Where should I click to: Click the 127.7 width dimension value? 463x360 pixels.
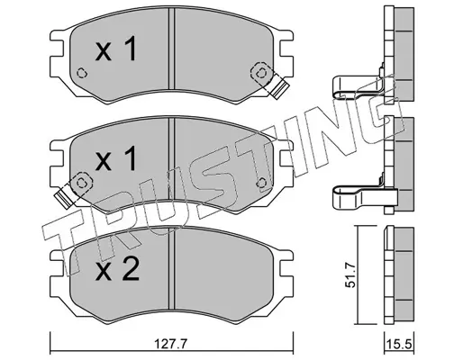(170, 344)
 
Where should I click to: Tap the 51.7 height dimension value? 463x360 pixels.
(350, 274)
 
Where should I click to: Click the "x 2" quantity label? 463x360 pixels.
(117, 269)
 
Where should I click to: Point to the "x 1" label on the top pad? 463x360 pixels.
(116, 49)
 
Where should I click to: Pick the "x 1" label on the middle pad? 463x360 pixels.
(116, 159)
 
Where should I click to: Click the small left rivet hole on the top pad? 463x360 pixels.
(82, 73)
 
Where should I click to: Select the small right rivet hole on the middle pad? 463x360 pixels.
(262, 183)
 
